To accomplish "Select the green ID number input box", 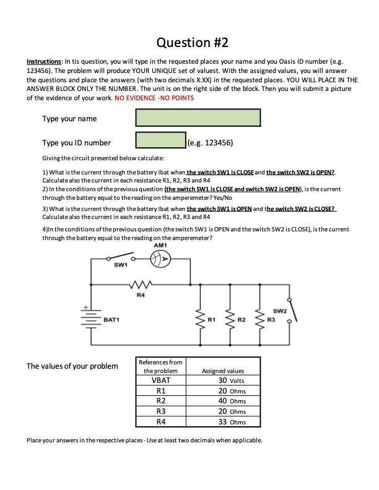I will [160, 142].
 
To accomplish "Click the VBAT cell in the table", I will [160, 380].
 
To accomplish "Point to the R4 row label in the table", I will [160, 422].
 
